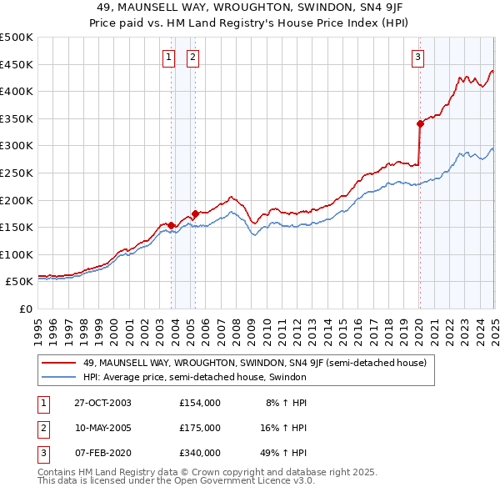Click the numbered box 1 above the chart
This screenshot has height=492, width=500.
tap(168, 58)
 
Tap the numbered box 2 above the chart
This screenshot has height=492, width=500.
tap(192, 58)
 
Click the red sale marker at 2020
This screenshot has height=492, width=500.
tap(420, 123)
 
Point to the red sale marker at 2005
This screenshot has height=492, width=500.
tap(195, 213)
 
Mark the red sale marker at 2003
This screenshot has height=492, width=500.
tap(172, 225)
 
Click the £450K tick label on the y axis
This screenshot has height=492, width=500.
tap(17, 64)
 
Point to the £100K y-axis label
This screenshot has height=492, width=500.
tap(17, 254)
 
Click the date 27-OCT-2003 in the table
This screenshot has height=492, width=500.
tap(102, 403)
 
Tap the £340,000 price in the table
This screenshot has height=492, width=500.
tap(200, 453)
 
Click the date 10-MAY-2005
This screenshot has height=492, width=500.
tap(102, 428)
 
